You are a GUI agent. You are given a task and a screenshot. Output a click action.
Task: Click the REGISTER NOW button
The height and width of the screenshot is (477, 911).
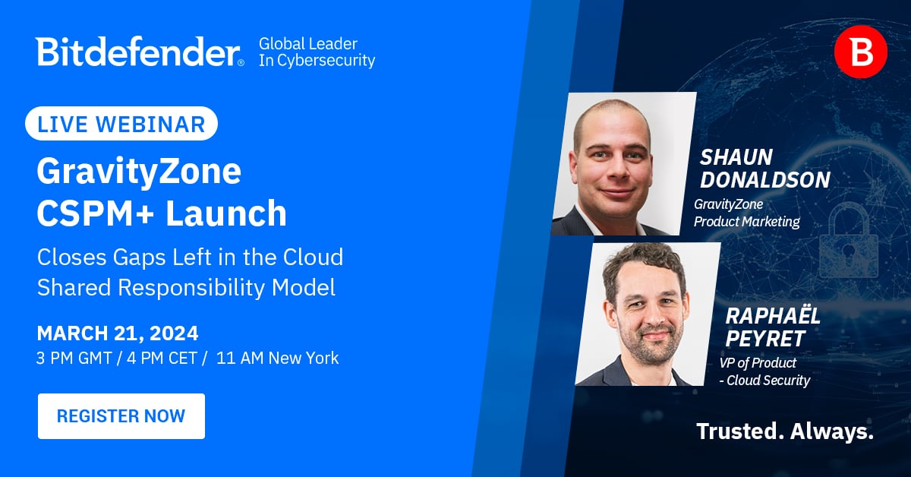[121, 416]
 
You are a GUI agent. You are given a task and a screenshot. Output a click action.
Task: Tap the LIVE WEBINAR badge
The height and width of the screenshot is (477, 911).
[121, 124]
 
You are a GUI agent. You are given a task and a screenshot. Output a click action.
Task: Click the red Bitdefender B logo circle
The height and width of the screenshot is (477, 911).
[861, 52]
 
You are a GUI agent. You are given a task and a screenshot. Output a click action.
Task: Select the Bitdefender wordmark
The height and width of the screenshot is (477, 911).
[140, 52]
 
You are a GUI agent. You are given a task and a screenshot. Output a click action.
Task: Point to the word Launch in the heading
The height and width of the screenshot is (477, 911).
[225, 213]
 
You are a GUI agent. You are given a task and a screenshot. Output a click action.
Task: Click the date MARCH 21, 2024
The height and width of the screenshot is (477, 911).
[118, 333]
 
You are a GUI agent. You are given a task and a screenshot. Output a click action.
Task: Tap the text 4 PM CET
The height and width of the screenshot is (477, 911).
[162, 359]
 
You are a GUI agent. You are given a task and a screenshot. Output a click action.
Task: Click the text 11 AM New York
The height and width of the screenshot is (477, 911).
[277, 359]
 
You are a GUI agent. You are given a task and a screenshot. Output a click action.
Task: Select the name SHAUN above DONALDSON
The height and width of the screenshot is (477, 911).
[736, 157]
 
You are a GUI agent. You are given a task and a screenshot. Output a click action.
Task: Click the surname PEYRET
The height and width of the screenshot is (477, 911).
[765, 339]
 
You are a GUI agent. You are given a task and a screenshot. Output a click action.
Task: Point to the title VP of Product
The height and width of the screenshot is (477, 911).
[758, 362]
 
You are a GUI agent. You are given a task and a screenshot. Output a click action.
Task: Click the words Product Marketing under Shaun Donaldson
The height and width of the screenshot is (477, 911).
[747, 222]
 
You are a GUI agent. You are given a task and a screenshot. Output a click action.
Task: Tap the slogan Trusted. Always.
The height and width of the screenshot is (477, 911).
[785, 431]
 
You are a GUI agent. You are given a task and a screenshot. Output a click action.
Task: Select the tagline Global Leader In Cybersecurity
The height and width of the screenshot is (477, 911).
[317, 52]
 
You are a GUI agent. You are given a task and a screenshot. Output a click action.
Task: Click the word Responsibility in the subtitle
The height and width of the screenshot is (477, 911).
[191, 288]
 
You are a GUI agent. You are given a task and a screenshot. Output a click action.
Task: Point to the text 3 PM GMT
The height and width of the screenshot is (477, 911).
[74, 359]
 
